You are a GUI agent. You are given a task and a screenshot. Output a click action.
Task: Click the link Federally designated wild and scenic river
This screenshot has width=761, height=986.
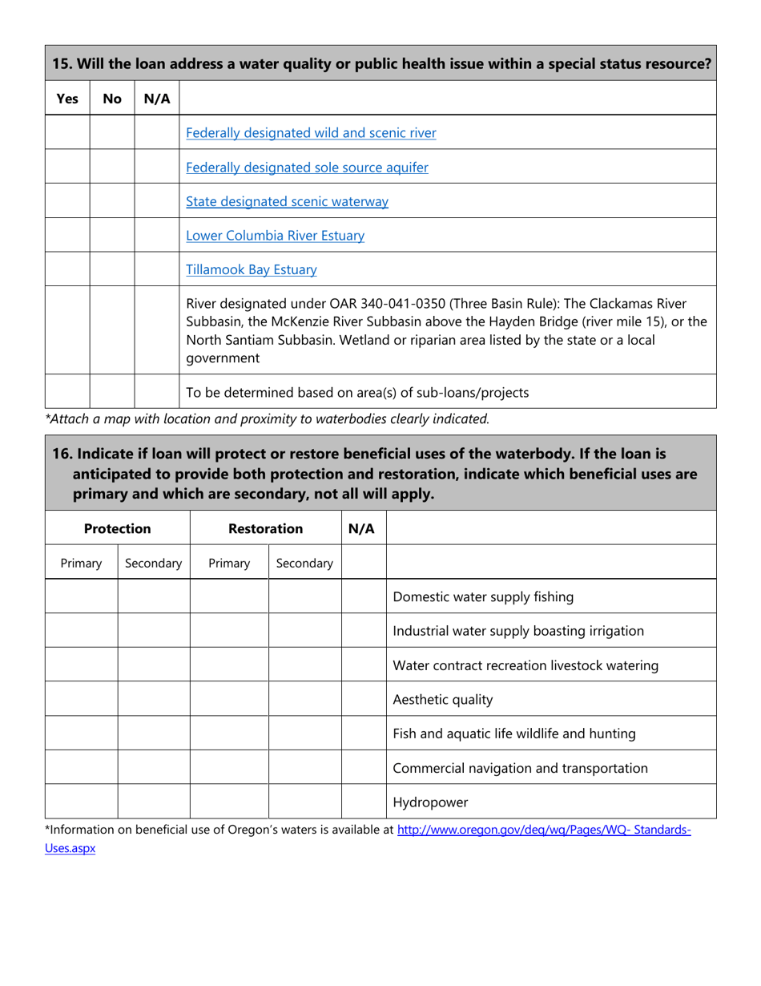point(311,133)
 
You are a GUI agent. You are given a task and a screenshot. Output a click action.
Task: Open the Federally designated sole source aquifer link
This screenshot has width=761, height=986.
point(307,168)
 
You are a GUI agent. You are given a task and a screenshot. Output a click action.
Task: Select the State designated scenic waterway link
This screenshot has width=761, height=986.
point(287,202)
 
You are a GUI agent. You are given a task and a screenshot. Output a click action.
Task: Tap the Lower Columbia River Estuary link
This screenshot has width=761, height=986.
point(275,236)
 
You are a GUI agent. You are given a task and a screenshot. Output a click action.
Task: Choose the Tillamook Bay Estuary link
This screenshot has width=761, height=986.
point(251,270)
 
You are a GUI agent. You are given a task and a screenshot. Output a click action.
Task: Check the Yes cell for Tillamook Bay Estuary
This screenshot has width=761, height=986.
point(67,269)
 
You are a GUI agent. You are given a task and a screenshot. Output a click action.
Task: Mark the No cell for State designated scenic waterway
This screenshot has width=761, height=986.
point(112,201)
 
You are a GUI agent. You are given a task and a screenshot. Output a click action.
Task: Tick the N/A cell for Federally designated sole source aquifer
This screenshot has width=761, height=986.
point(157,167)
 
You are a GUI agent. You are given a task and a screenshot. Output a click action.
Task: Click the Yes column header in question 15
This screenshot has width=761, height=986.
point(67,99)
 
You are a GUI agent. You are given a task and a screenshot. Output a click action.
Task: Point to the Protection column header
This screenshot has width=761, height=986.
point(118,528)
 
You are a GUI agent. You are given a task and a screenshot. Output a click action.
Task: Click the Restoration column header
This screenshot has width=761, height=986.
point(265,528)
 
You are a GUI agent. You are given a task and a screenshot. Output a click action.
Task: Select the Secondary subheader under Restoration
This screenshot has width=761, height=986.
point(304,563)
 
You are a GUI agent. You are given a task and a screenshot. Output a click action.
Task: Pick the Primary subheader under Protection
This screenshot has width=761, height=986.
point(82,563)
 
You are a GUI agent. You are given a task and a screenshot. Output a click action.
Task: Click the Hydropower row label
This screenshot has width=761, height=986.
point(430,802)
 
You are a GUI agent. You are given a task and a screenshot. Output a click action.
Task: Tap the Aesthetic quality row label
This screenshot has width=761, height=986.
point(443,699)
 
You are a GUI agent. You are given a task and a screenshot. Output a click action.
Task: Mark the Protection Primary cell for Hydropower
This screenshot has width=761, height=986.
point(82,802)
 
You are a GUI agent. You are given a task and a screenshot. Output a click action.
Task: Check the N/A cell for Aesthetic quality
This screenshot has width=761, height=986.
point(364,699)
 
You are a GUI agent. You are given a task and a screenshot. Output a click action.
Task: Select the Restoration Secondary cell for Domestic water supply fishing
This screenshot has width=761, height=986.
point(304,596)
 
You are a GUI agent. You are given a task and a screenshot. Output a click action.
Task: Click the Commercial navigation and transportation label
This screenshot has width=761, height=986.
point(521,768)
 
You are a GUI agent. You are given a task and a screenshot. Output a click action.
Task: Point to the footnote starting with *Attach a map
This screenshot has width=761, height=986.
point(267,418)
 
